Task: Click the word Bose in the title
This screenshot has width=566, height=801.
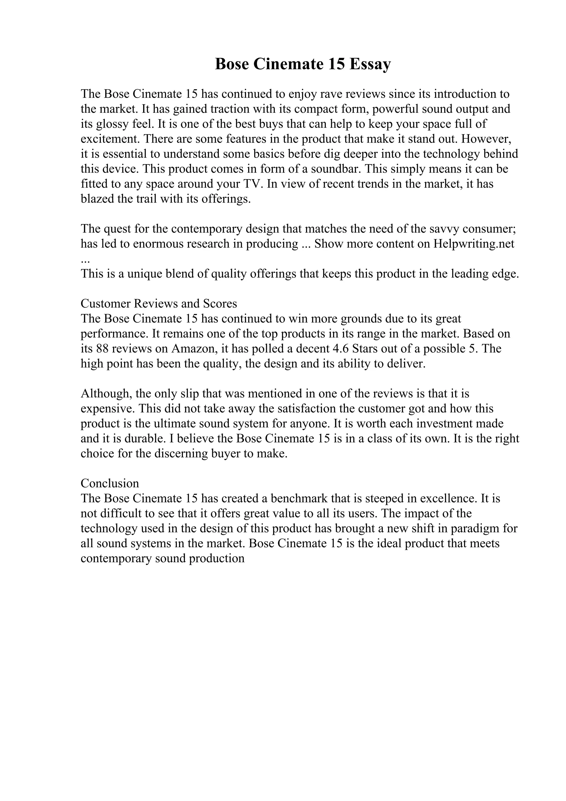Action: coord(232,64)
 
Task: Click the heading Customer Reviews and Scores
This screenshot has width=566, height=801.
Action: coord(159,303)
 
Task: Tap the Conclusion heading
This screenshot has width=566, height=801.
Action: coord(110,483)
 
